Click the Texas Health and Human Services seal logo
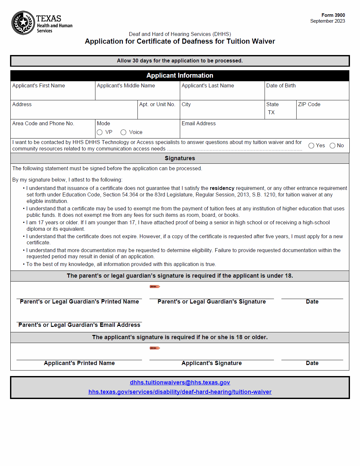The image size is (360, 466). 23,23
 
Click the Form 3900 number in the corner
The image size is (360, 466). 333,15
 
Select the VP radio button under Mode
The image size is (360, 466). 100,132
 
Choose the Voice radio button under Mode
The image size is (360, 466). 123,132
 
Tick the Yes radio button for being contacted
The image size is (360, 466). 311,146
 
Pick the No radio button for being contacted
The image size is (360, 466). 332,146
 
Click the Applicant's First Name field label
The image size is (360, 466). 38,86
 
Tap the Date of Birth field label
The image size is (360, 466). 281,86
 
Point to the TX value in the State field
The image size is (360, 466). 271,113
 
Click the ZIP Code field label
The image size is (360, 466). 309,105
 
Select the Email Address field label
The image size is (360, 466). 199,124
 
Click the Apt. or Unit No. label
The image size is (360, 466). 157,105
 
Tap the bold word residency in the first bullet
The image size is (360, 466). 222,188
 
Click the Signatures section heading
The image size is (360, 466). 180,158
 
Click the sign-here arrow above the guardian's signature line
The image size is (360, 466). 155,286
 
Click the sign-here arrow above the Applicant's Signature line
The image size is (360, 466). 155,348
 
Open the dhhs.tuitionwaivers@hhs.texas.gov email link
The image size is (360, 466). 180,383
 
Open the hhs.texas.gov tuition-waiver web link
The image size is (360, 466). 180,392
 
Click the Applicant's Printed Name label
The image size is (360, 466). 79,363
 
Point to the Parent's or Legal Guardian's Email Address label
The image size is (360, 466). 79,325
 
